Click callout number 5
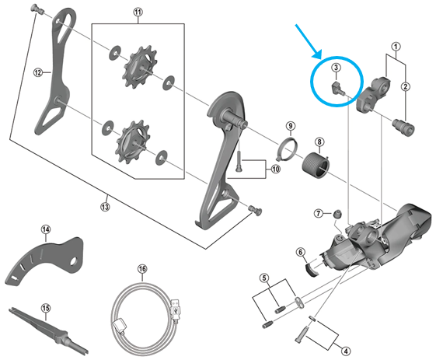point(264,278)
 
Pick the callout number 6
point(300,250)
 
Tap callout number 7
point(318,213)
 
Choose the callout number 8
point(319,141)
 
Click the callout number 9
point(290,126)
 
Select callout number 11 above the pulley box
point(138,12)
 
